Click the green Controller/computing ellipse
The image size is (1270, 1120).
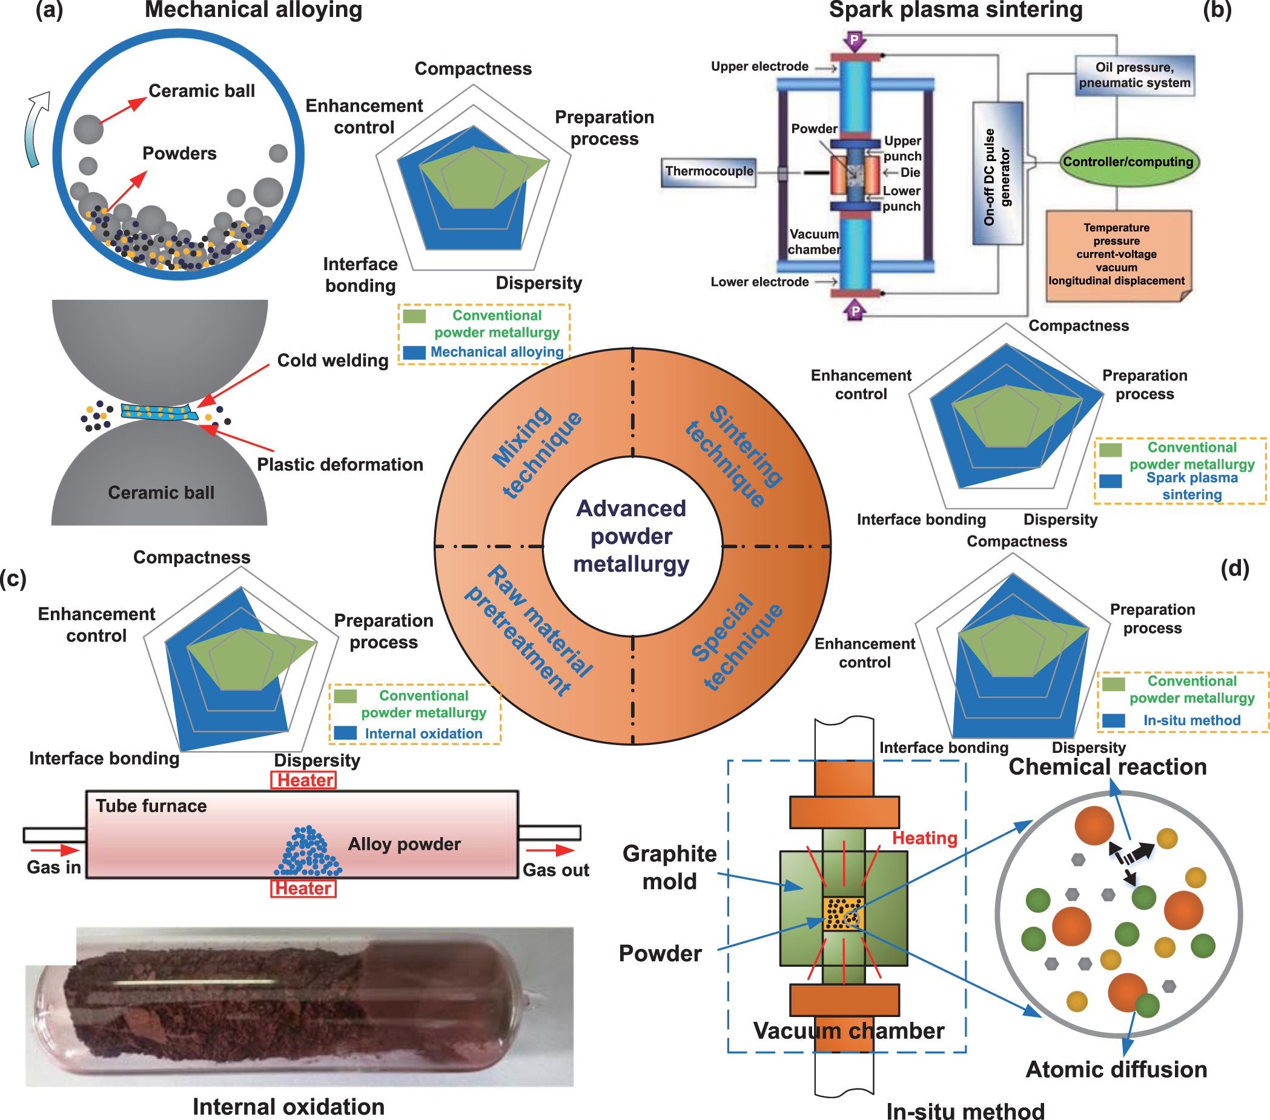[x=1128, y=162]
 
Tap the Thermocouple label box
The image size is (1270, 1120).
[x=709, y=171]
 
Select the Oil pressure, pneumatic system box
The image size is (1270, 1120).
[x=1134, y=75]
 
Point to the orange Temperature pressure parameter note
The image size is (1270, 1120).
[x=1117, y=255]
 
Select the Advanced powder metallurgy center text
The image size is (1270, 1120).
[x=631, y=535]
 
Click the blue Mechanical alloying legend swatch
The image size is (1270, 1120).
[x=414, y=353]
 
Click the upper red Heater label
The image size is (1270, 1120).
[x=304, y=780]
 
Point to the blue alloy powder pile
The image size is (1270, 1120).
[x=308, y=852]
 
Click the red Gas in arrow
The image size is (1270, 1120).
[x=54, y=850]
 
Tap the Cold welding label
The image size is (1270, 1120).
[x=332, y=360]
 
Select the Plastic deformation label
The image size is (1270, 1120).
[x=340, y=464]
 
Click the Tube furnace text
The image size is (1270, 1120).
[x=151, y=806]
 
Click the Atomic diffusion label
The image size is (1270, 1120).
[x=1116, y=1069]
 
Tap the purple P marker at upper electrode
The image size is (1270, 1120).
[x=855, y=41]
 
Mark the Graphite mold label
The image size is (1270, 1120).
[x=669, y=867]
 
